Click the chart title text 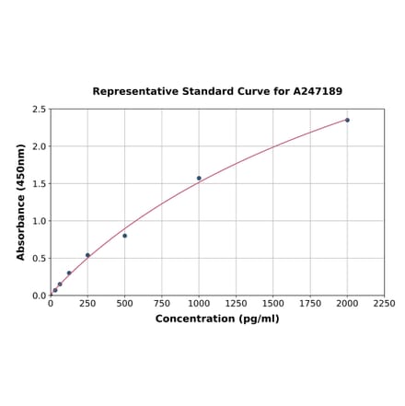coord(217,92)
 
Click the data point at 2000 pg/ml coord(347,120)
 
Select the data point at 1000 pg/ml coord(199,179)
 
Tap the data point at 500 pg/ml coord(125,236)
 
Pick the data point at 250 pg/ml coord(87,255)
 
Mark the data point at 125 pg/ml coord(69,273)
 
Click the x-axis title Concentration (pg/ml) coord(217,319)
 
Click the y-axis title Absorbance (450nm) coord(21,202)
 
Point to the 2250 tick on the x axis coord(384,303)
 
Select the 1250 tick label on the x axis coord(236,303)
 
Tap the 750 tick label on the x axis coord(162,303)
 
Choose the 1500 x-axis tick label coord(273,303)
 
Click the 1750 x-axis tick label coord(310,303)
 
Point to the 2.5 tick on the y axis coord(40,110)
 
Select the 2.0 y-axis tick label coord(40,146)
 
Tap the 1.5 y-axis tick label coord(40,184)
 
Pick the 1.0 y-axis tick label coord(40,221)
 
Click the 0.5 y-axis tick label coord(40,259)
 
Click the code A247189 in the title coord(318,92)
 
